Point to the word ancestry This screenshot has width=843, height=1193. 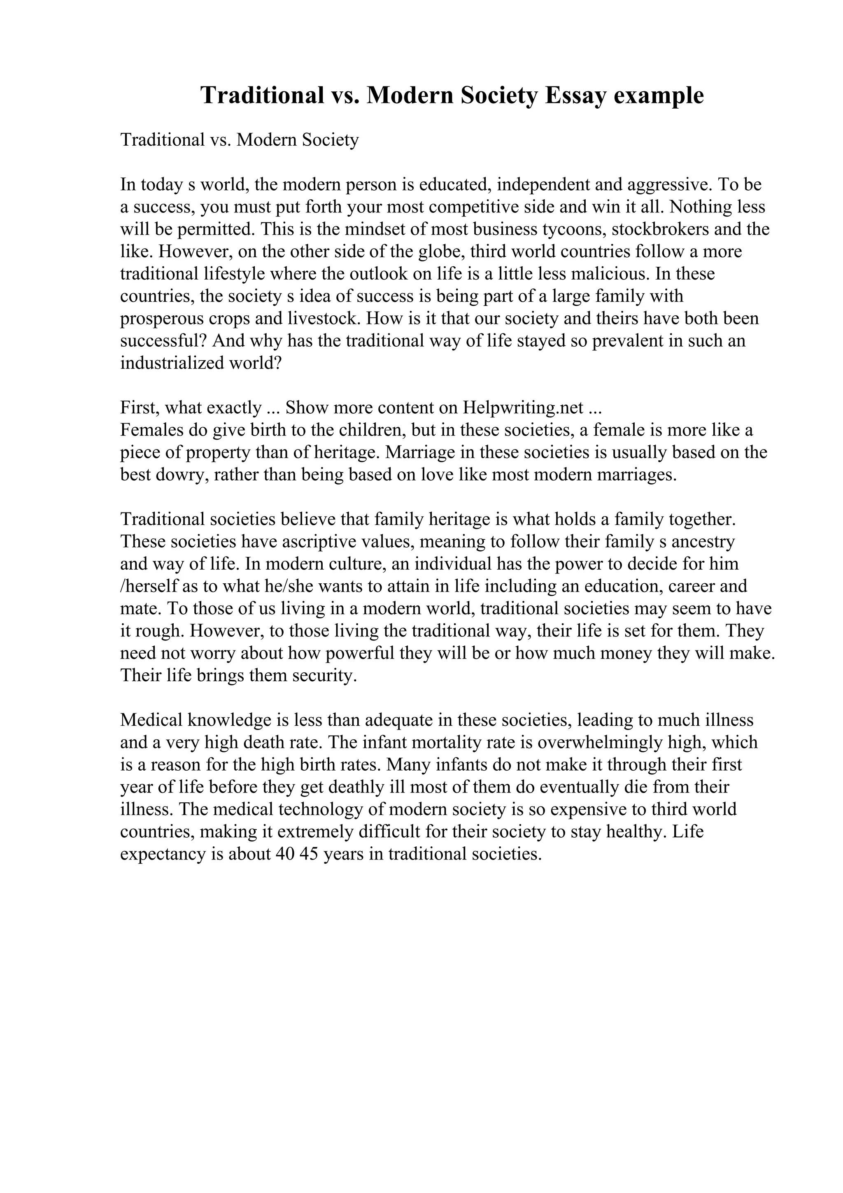pos(703,542)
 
